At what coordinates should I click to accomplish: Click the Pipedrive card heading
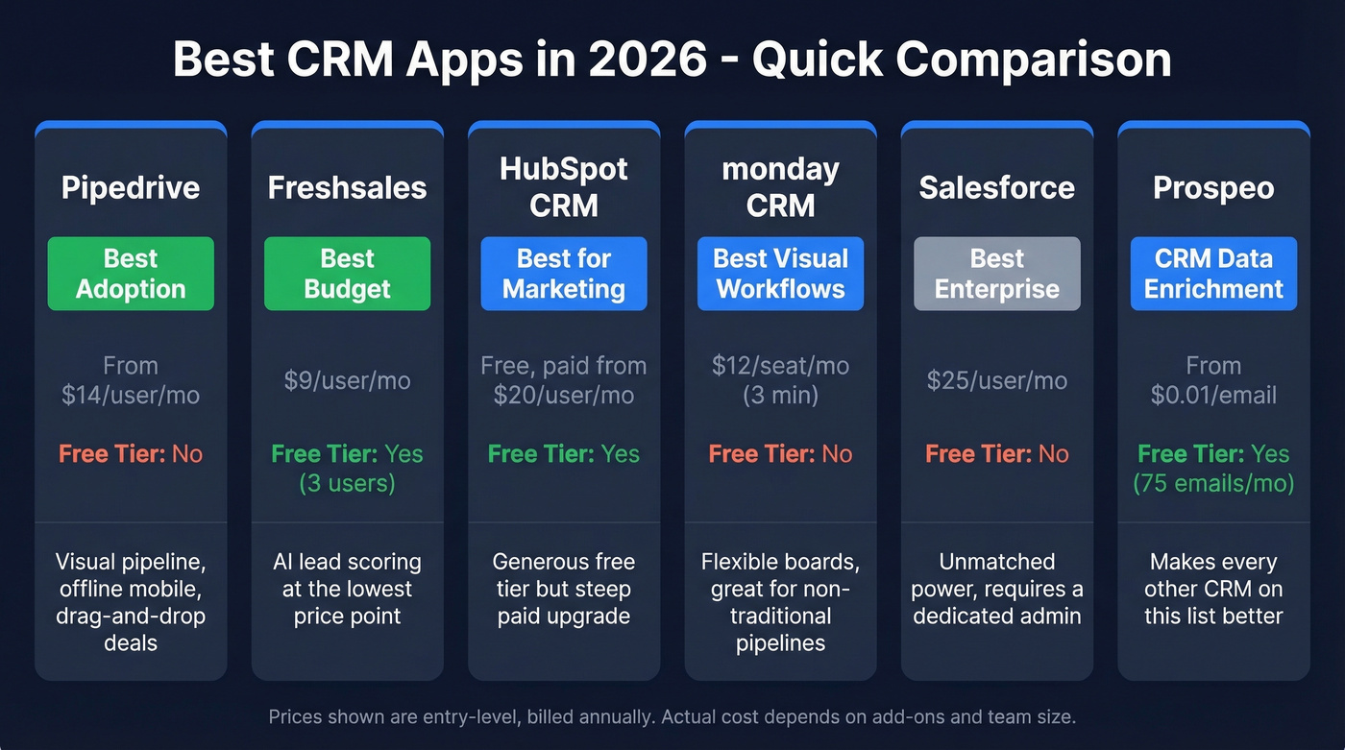131,187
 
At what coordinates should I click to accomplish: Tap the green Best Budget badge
347,274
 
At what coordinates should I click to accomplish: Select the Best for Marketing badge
564,274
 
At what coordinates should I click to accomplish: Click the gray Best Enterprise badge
996,274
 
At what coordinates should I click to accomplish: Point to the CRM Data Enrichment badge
1213,274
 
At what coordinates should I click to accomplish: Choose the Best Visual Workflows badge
780,274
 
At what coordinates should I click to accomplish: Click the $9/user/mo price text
347,380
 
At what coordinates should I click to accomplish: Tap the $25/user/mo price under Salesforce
996,380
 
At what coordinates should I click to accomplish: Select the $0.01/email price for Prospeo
1213,395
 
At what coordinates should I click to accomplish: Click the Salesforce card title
996,187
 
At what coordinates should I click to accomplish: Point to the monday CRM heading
780,187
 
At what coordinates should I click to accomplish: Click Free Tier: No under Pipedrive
131,453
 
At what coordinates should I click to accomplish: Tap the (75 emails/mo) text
1213,482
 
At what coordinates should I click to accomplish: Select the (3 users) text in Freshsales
347,482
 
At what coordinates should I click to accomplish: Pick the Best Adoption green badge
131,274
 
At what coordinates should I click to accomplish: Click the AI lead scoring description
347,589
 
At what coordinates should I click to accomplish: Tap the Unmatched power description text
996,589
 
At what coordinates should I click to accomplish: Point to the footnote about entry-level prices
672,716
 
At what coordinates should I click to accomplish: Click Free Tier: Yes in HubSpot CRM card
564,453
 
